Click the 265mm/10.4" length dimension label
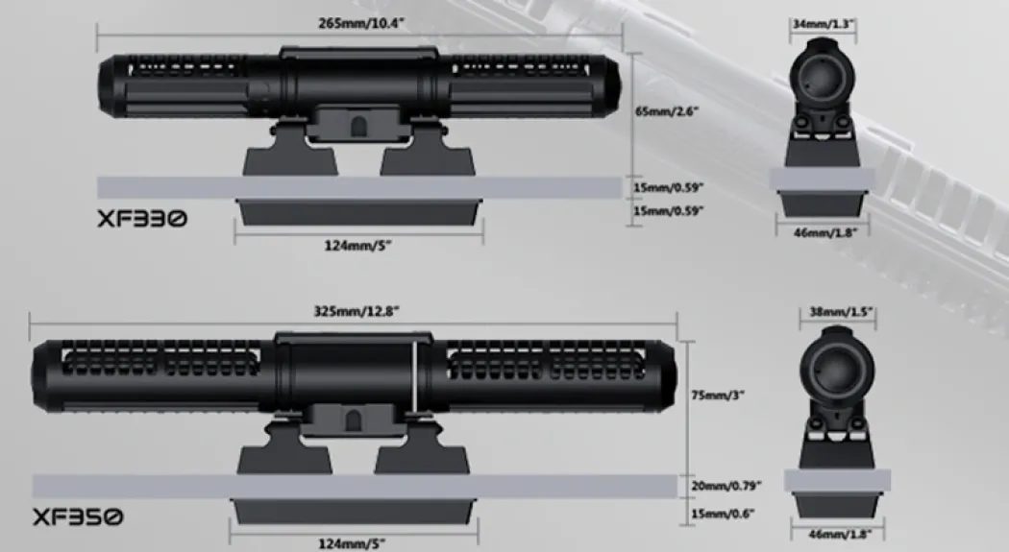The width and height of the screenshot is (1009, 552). click(361, 24)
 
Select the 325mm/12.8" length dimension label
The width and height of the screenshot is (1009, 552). click(357, 312)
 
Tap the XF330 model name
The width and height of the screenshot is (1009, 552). click(142, 219)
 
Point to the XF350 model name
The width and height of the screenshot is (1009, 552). click(77, 516)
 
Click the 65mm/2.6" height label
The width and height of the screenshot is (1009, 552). click(667, 111)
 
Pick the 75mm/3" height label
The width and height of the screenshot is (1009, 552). click(718, 396)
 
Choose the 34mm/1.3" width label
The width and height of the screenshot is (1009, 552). click(823, 24)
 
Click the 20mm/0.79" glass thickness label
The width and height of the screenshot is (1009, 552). click(726, 486)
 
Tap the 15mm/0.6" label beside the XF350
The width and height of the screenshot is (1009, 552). click(723, 514)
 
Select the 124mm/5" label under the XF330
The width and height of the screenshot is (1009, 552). click(357, 246)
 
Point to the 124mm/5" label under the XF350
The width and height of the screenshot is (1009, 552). click(353, 543)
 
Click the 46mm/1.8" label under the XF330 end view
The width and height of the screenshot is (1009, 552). click(825, 232)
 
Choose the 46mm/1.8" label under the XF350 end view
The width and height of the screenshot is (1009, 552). click(840, 534)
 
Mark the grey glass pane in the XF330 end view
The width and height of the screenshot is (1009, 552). click(822, 179)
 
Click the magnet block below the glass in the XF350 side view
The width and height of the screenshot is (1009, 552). click(354, 512)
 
